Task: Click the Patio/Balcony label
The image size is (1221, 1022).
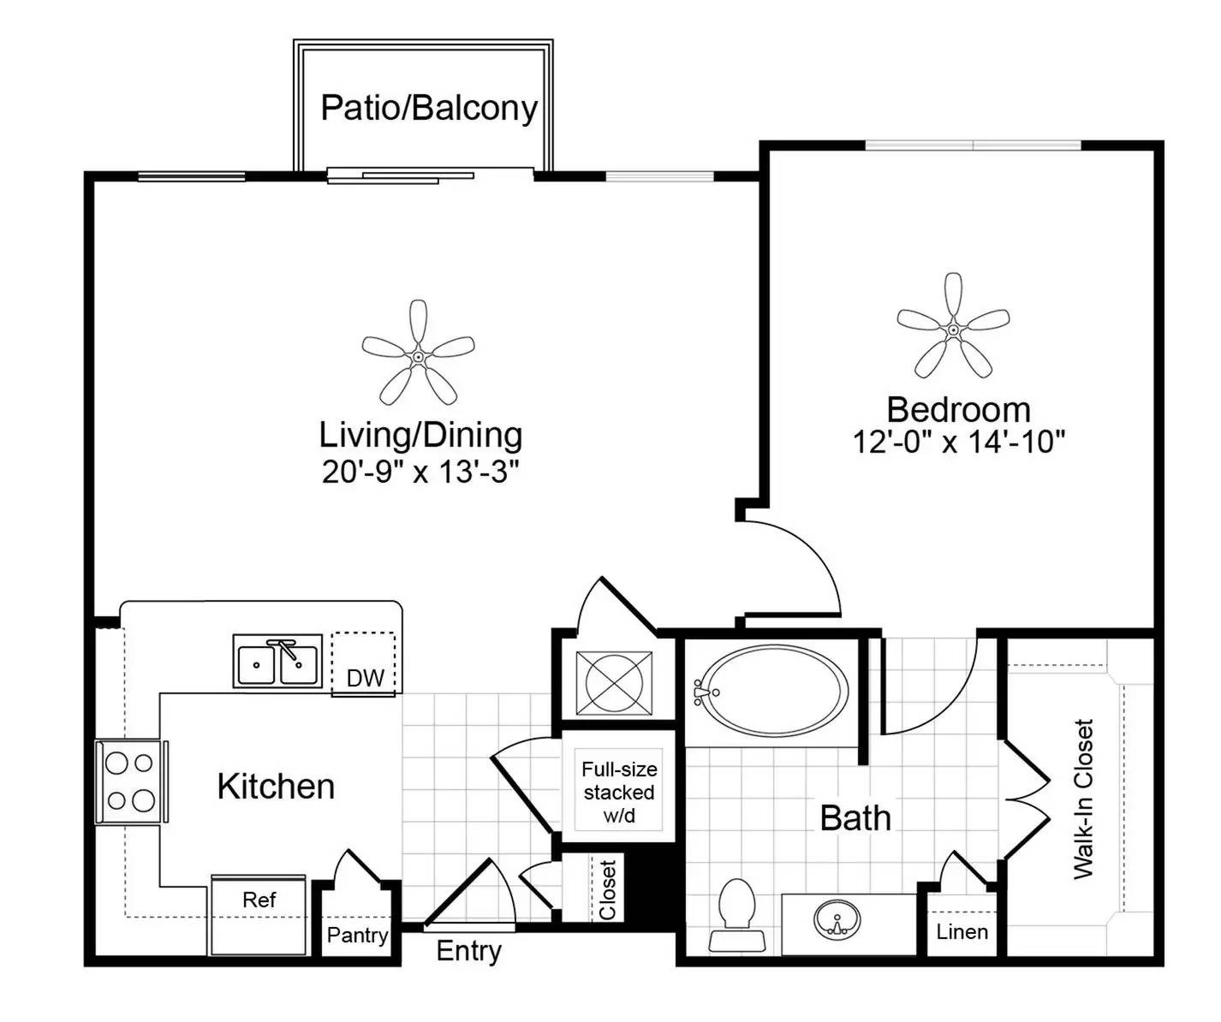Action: pyautogui.click(x=429, y=109)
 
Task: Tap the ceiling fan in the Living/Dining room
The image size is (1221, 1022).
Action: pyautogui.click(x=418, y=355)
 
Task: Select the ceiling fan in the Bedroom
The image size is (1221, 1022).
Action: pyautogui.click(x=953, y=330)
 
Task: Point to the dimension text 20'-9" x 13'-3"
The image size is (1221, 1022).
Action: pyautogui.click(x=420, y=472)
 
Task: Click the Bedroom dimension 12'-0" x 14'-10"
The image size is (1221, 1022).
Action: pyautogui.click(x=959, y=442)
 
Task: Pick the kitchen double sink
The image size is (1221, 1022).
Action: pyautogui.click(x=277, y=661)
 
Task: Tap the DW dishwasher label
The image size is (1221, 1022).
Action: pyautogui.click(x=366, y=678)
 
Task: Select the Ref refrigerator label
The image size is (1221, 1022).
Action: pyautogui.click(x=259, y=900)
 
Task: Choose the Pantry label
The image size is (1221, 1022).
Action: pyautogui.click(x=357, y=936)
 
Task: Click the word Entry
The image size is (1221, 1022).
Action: pyautogui.click(x=469, y=951)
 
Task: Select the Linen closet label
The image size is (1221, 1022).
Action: pyautogui.click(x=962, y=932)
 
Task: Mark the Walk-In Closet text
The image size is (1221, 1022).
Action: pyautogui.click(x=1084, y=799)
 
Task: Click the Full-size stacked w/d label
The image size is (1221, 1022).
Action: pyautogui.click(x=619, y=793)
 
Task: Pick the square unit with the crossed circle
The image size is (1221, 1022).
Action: pyautogui.click(x=614, y=683)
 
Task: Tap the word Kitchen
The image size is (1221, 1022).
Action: pyautogui.click(x=276, y=787)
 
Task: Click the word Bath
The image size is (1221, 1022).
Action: pyautogui.click(x=855, y=818)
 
